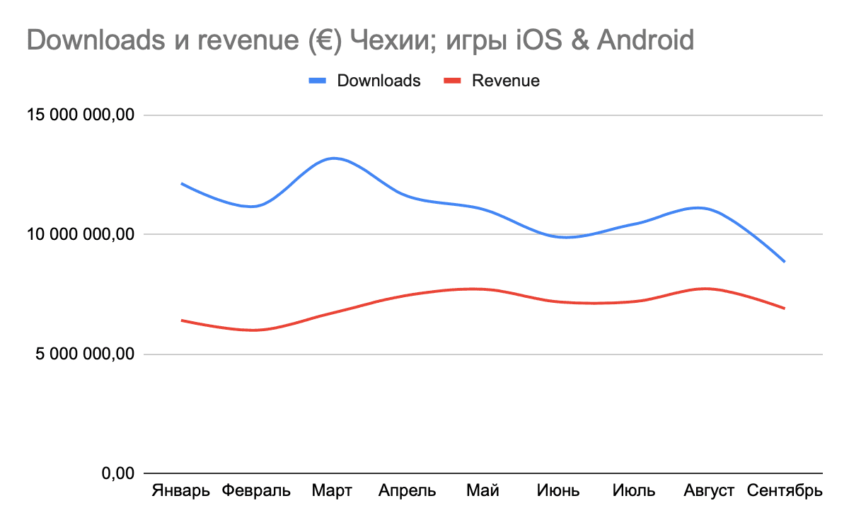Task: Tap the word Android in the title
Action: click(x=645, y=40)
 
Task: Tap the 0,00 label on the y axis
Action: click(x=117, y=473)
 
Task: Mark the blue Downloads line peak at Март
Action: click(x=333, y=158)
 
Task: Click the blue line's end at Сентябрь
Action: click(x=785, y=262)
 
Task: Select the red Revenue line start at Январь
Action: click(x=182, y=321)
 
